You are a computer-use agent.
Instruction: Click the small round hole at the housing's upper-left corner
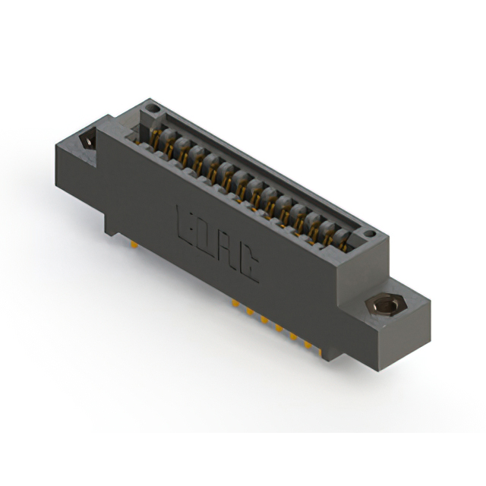pos(152,109)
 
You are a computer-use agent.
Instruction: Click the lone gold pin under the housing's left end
pos(134,245)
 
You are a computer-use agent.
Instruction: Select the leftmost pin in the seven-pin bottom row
pos(235,302)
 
